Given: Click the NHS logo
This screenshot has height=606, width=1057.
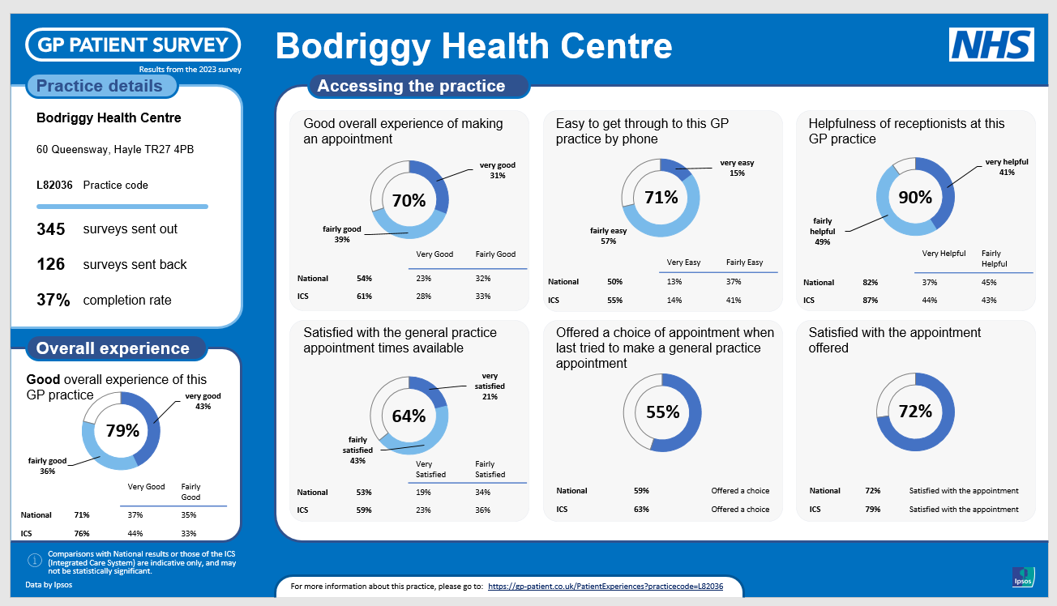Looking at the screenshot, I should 991,45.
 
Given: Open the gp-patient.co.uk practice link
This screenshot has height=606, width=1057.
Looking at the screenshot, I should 605,586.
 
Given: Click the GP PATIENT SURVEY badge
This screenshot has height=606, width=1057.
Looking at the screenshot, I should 134,45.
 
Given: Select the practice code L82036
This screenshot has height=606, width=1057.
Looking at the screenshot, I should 54,185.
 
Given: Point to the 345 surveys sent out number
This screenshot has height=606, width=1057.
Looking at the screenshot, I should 50,229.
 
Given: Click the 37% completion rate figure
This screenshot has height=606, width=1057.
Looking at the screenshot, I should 53,301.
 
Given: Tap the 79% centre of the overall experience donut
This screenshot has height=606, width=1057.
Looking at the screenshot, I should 122,431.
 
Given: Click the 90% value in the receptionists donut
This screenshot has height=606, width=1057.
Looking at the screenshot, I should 915,196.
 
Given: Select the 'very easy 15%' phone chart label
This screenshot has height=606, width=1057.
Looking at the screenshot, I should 737,168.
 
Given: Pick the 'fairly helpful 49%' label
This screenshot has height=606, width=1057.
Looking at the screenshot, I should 822,231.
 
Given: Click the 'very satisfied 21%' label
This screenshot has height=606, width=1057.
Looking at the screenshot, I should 490,386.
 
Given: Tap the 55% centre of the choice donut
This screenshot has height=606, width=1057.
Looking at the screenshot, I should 662,412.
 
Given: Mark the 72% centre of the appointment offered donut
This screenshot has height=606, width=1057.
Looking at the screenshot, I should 915,412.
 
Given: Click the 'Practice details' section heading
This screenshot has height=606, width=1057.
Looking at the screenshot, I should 100,87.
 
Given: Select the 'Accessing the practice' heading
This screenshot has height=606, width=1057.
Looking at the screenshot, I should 411,86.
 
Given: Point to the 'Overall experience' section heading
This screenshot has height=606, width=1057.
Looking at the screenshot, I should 113,349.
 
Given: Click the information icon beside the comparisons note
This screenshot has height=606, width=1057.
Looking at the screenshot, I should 34,560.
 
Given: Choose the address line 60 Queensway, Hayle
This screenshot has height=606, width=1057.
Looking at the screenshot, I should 115,150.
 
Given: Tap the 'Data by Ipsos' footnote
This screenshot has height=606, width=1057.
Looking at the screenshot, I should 49,585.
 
